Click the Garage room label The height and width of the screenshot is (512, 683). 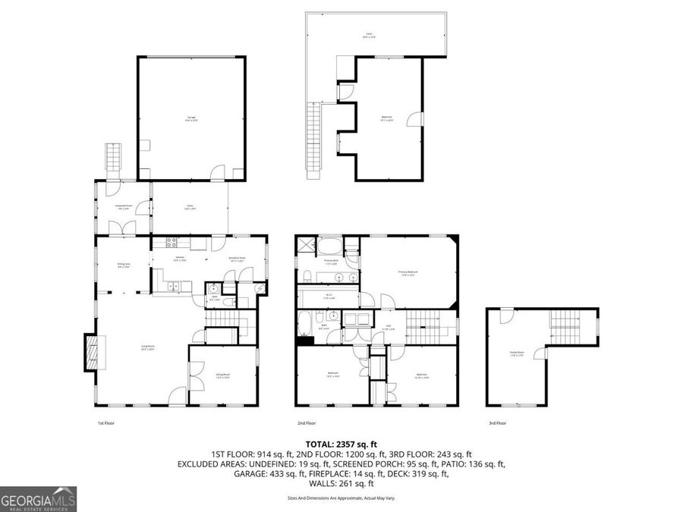click(190, 118)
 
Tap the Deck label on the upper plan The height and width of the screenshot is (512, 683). click(369, 35)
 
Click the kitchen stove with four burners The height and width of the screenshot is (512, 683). click(171, 243)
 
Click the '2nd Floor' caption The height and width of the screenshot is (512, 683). click(306, 423)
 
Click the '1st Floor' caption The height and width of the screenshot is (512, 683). click(105, 423)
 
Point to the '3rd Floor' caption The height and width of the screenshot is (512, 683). click(497, 423)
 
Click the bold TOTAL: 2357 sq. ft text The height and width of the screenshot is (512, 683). click(341, 444)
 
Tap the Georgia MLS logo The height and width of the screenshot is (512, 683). click(39, 499)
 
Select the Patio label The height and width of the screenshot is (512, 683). click(190, 206)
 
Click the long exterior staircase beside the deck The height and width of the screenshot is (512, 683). click(312, 137)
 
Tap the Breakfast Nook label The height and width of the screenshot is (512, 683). click(238, 259)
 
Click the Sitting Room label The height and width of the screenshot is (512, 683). click(222, 375)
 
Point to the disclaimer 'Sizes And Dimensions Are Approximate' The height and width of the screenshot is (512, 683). click(341, 498)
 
